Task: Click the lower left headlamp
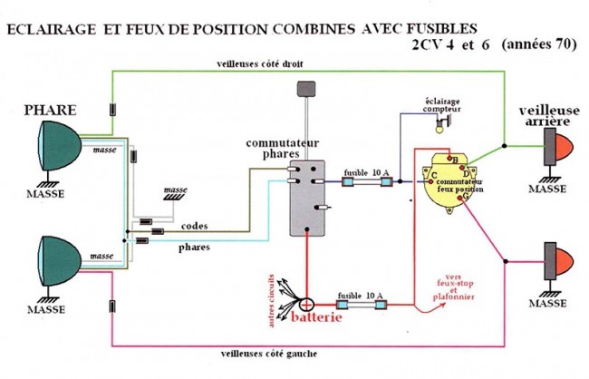point(57,258)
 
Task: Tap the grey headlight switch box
point(305,198)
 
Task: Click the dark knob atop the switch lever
point(304,91)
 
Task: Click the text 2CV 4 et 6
point(449,45)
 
